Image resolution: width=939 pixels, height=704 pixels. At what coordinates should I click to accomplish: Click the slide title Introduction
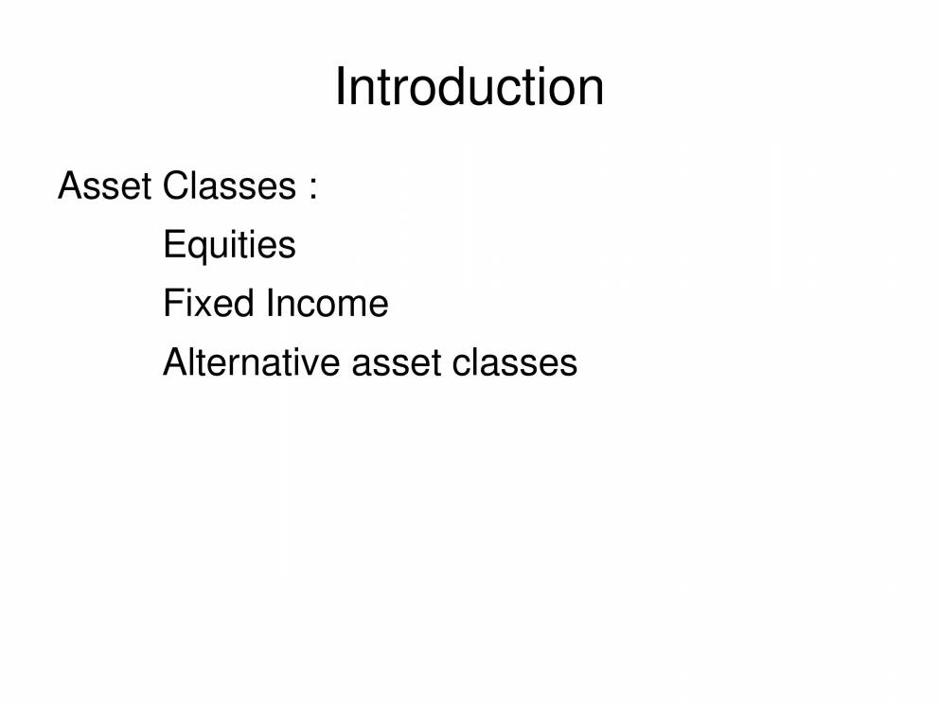(469, 87)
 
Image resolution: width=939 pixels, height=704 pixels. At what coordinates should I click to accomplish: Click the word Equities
(229, 245)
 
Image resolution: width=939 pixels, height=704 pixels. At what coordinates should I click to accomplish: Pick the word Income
(328, 304)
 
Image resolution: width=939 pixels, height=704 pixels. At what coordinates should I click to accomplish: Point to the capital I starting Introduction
(340, 87)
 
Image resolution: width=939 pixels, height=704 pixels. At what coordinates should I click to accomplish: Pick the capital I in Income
(270, 304)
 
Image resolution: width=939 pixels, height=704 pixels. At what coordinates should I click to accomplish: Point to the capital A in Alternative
(175, 362)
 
